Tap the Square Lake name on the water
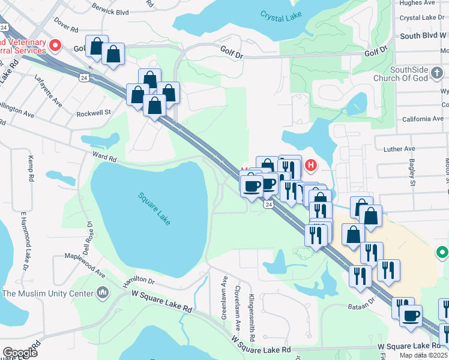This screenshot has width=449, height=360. pyautogui.click(x=155, y=208)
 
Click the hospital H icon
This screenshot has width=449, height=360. pyautogui.click(x=311, y=164)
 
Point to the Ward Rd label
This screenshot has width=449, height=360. pyautogui.click(x=104, y=157)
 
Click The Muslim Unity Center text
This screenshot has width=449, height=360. pyautogui.click(x=48, y=293)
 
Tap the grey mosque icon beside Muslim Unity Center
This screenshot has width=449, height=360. pyautogui.click(x=102, y=293)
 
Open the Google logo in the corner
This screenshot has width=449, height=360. pyautogui.click(x=20, y=353)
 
